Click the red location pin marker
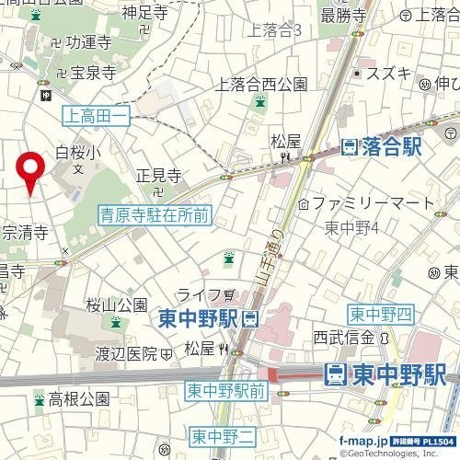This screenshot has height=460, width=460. tap(31, 170)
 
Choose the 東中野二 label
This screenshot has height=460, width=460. tap(213, 433)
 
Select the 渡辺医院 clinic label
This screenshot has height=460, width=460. tap(128, 352)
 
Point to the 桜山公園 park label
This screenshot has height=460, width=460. tap(117, 305)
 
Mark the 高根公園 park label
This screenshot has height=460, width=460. tap(79, 399)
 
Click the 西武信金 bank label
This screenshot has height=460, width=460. tap(346, 336)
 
